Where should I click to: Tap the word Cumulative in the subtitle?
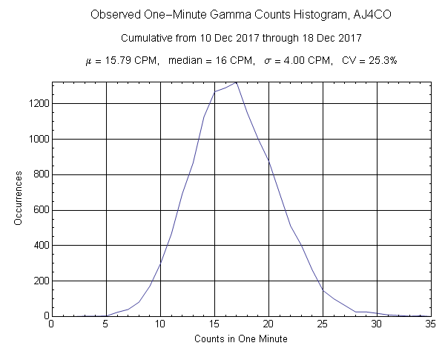(144, 37)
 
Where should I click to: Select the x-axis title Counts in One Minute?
(241, 338)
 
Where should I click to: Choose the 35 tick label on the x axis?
(431, 324)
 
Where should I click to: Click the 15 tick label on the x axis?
(214, 324)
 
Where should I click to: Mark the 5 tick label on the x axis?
(106, 324)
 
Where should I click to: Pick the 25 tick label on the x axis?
(323, 324)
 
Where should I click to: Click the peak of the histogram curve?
(236, 82)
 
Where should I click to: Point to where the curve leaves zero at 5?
(106, 315)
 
